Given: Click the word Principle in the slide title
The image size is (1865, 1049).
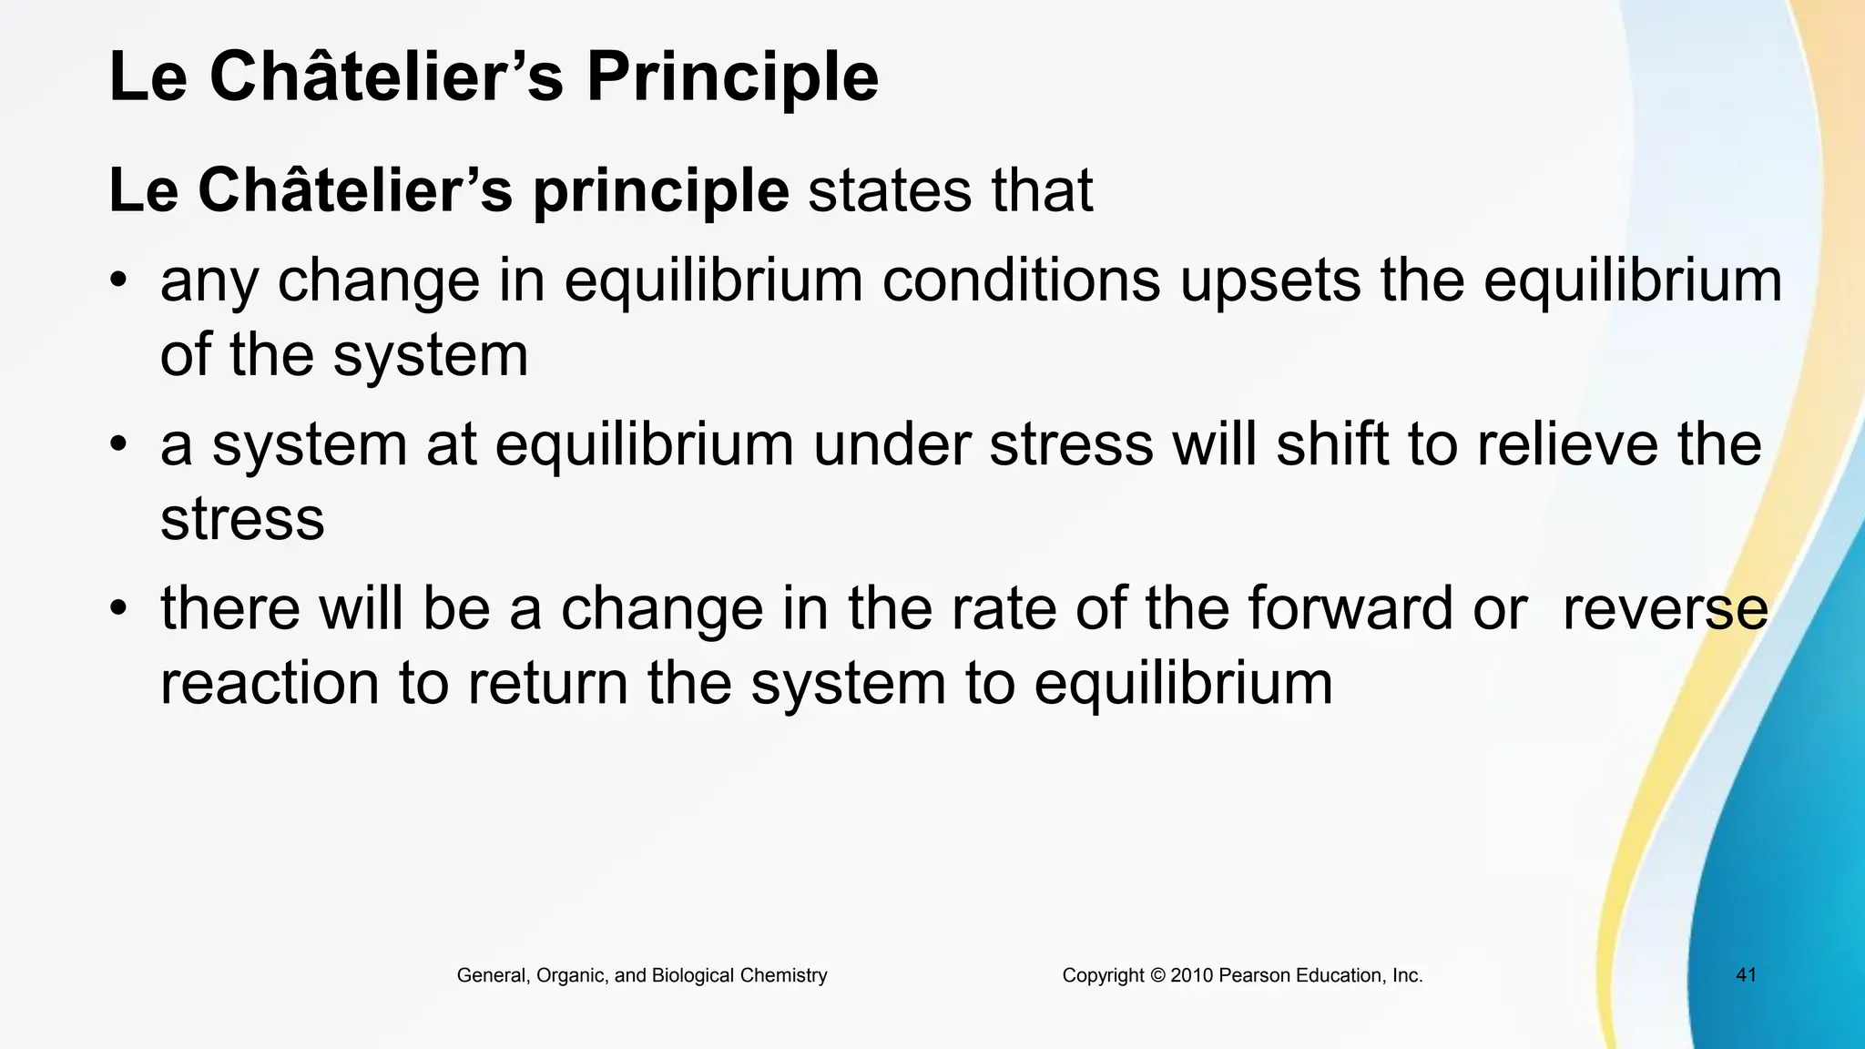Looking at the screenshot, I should click(x=732, y=78).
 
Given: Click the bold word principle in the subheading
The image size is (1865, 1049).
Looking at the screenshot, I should click(x=660, y=191).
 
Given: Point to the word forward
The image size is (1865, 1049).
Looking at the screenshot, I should click(x=1350, y=608).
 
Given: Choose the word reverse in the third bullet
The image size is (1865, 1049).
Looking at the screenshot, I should click(x=1665, y=610).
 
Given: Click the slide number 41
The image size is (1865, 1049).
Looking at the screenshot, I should click(x=1746, y=975).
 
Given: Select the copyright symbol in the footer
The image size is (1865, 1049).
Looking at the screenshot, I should click(x=1157, y=976).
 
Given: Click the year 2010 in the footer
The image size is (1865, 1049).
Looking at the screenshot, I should click(x=1192, y=976).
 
